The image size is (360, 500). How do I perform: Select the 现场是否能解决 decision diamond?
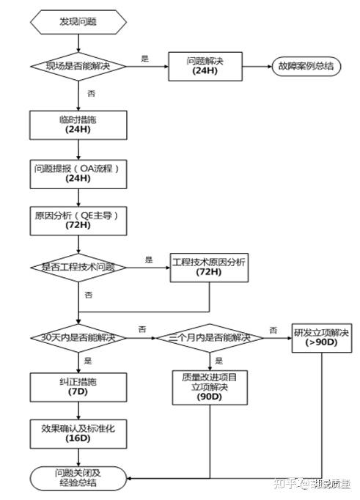click(x=78, y=66)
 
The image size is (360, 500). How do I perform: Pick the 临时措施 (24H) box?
click(x=78, y=123)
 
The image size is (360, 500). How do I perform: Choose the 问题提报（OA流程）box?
click(x=78, y=172)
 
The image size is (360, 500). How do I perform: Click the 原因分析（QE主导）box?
click(x=78, y=218)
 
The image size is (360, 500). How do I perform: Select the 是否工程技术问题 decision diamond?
click(x=78, y=267)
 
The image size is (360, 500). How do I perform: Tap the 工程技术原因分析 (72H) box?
click(x=208, y=266)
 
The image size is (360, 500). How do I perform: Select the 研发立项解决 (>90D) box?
click(x=320, y=337)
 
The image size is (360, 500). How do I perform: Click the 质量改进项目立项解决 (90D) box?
click(x=210, y=386)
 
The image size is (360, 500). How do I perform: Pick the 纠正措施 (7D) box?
click(x=78, y=387)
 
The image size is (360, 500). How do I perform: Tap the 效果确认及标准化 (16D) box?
click(x=78, y=433)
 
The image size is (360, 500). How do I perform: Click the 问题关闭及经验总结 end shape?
click(x=78, y=478)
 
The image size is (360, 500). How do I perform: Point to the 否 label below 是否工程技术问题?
click(x=89, y=294)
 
